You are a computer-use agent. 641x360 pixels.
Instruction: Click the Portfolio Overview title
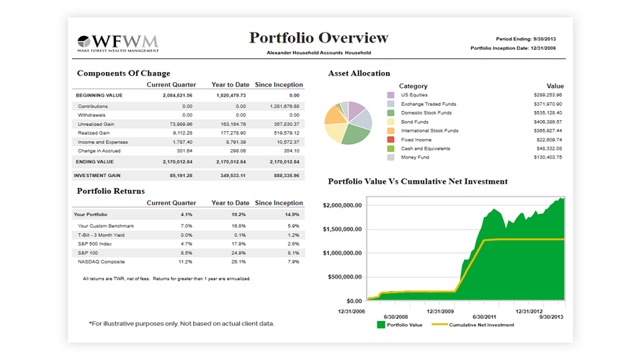(318, 38)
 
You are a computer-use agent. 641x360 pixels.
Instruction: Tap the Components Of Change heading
(123, 73)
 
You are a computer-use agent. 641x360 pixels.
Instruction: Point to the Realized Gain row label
(94, 132)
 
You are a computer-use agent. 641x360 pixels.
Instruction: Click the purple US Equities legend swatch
(390, 95)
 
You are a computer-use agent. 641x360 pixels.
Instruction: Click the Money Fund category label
(416, 157)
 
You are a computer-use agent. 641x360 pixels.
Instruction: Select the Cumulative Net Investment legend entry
(481, 325)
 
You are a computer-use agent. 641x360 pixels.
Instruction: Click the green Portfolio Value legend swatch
(380, 325)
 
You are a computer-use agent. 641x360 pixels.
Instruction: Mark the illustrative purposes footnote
(181, 323)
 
